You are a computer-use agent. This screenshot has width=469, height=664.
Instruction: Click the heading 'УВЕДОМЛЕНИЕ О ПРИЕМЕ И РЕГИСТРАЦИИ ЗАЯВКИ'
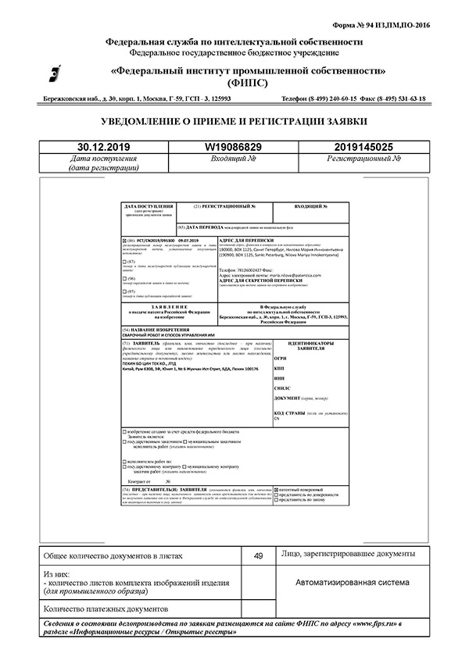[234, 122]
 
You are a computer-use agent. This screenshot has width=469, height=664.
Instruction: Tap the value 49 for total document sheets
[258, 555]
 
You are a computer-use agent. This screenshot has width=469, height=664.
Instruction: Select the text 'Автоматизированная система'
[352, 583]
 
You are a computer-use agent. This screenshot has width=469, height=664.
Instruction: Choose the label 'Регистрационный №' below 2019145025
[363, 159]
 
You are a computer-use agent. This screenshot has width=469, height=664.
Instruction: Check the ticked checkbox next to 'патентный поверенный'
[277, 489]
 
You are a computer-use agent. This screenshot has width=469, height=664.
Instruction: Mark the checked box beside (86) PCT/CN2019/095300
[124, 240]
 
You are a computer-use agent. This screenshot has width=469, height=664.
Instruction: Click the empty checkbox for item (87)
[124, 261]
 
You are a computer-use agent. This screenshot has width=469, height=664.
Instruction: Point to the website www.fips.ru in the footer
[367, 626]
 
